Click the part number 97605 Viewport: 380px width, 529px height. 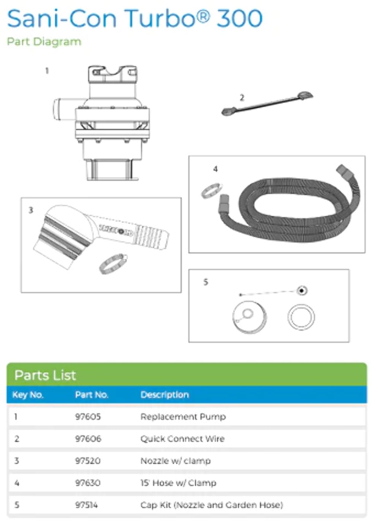(88, 417)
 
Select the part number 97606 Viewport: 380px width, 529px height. (88, 439)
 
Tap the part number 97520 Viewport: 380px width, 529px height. (88, 461)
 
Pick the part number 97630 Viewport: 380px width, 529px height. (88, 483)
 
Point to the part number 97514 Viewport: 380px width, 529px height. (86, 505)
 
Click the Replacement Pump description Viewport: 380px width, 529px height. (183, 417)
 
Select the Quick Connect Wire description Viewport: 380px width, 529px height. (182, 439)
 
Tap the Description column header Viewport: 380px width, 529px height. (165, 395)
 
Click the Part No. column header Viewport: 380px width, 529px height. (92, 395)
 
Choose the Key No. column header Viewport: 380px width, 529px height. (28, 395)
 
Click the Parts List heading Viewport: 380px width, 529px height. (45, 375)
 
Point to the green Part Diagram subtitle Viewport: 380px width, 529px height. (44, 42)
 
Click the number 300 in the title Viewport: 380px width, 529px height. (239, 18)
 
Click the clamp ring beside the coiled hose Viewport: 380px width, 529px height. (212, 191)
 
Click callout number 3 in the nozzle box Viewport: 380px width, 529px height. (31, 210)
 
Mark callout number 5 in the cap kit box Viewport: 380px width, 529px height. (206, 282)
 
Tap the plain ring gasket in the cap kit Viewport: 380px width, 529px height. (301, 317)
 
